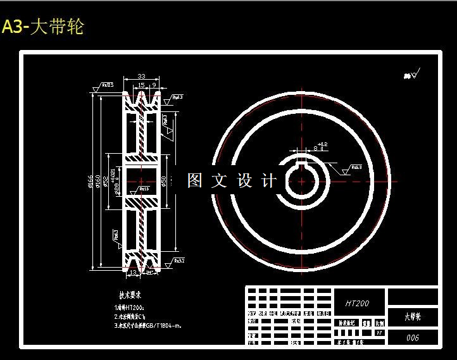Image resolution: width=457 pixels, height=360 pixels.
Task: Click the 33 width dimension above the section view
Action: pyautogui.click(x=141, y=77)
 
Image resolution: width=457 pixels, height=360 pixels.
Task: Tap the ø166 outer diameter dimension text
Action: pyautogui.click(x=91, y=182)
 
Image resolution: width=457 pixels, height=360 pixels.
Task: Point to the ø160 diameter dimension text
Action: pyautogui.click(x=98, y=182)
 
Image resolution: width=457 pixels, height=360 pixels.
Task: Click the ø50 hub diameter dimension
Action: pyautogui.click(x=164, y=182)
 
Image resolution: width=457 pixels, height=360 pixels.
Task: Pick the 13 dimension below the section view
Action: pyautogui.click(x=133, y=273)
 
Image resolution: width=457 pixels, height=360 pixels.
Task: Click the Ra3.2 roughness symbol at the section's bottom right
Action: pyautogui.click(x=178, y=261)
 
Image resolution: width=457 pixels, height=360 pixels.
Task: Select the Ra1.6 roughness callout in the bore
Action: pyautogui.click(x=144, y=189)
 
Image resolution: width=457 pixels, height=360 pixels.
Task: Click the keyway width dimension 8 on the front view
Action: pyautogui.click(x=315, y=148)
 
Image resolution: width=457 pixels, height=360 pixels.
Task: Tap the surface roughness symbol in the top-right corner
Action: pyautogui.click(x=411, y=75)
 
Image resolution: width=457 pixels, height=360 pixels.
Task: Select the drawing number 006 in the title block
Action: pyautogui.click(x=412, y=338)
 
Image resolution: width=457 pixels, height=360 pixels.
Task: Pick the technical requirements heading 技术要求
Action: pyautogui.click(x=130, y=295)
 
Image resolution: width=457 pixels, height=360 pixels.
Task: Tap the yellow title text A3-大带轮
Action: pyautogui.click(x=42, y=27)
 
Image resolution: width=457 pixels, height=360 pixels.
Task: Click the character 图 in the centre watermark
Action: pyautogui.click(x=195, y=181)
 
